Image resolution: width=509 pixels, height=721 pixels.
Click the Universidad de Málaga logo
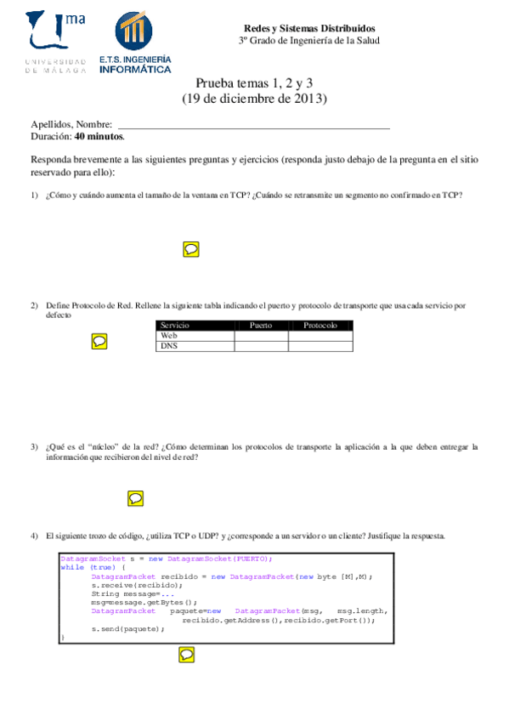[x=56, y=42]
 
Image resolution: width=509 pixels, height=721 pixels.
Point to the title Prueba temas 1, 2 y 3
[x=254, y=83]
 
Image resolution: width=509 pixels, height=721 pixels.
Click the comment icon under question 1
[x=192, y=248]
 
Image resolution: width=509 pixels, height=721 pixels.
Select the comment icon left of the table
[x=99, y=341]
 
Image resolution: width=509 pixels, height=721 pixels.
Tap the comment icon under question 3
[x=135, y=498]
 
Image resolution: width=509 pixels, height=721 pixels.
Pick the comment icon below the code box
[x=186, y=654]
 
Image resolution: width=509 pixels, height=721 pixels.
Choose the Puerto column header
[x=261, y=326]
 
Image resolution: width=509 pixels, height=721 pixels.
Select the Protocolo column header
[x=320, y=326]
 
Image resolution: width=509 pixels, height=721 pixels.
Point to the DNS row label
[x=169, y=346]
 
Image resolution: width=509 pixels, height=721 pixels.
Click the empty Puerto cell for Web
[x=261, y=336]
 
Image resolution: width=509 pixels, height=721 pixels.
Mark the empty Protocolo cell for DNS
[x=320, y=346]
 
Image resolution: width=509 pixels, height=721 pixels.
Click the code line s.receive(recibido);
[x=137, y=585]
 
